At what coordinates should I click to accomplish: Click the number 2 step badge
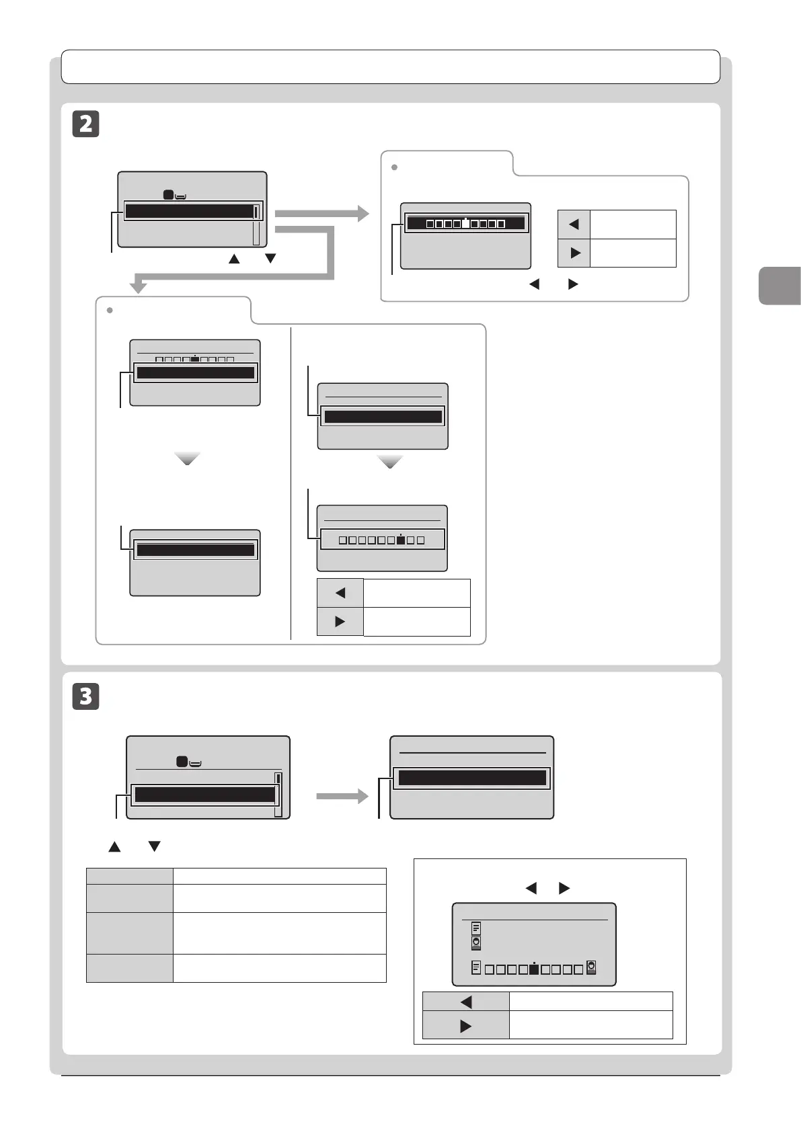click(85, 124)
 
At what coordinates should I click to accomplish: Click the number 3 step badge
click(85, 696)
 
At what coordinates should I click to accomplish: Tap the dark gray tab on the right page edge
click(780, 286)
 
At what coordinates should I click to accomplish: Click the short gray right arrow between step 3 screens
click(342, 797)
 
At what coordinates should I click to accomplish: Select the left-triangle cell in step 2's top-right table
click(574, 225)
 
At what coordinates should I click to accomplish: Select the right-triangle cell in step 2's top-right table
click(574, 253)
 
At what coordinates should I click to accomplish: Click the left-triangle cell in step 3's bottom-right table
click(465, 1002)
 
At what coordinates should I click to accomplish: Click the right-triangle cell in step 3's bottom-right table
click(465, 1026)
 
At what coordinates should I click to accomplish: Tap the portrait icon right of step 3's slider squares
click(591, 967)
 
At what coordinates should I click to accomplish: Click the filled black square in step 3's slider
click(533, 969)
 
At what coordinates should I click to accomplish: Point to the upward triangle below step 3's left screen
click(114, 846)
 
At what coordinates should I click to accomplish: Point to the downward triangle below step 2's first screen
click(270, 258)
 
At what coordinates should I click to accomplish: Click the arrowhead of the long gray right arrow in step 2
click(363, 214)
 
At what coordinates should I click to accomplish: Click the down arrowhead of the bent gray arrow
click(139, 287)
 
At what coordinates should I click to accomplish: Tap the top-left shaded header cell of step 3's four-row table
click(129, 876)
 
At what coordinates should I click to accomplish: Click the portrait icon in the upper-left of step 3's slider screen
click(476, 942)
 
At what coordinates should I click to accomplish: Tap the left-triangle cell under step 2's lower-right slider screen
click(340, 593)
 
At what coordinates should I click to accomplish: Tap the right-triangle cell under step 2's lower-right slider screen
click(340, 622)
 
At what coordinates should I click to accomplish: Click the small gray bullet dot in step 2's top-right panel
click(395, 167)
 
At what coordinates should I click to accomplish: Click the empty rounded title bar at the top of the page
click(390, 67)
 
